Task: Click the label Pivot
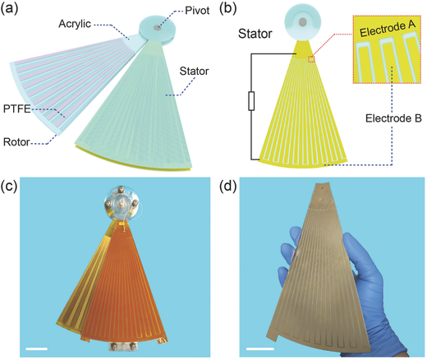[197, 11]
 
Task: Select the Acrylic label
[75, 24]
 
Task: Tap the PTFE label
[16, 108]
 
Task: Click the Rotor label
[16, 142]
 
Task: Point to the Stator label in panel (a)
[194, 72]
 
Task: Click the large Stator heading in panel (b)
[255, 34]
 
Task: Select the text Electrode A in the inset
[388, 28]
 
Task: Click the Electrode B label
[393, 118]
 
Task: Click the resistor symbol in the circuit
[251, 101]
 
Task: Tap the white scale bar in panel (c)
[37, 348]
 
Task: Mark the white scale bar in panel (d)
[260, 348]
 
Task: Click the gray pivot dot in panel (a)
[157, 27]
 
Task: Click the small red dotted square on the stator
[311, 59]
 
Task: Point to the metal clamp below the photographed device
[122, 346]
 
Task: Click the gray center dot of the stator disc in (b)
[302, 21]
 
